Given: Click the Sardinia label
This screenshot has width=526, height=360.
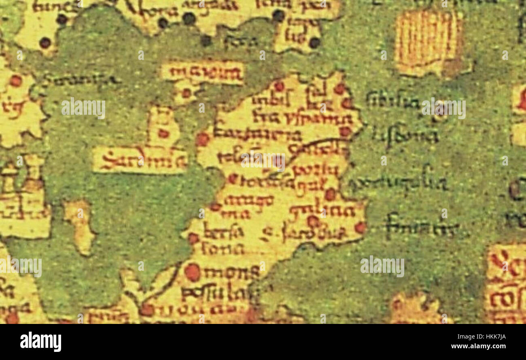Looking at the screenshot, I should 140,160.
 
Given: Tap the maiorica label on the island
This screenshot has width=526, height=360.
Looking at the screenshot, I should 202,73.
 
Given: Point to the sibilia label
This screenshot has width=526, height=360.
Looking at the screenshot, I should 392,101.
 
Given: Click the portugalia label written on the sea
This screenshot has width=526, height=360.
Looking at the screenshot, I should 399,184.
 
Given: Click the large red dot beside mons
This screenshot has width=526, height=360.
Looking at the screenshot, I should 193,272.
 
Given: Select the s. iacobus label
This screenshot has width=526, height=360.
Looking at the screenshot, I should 304,233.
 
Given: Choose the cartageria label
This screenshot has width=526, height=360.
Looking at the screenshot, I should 257,135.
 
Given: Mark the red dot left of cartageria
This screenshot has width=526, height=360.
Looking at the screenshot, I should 202,139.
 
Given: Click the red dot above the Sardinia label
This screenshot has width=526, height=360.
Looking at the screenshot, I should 163,133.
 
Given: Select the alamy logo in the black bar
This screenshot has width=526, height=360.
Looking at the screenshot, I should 40,342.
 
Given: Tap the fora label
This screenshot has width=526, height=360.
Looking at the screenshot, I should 241,41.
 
